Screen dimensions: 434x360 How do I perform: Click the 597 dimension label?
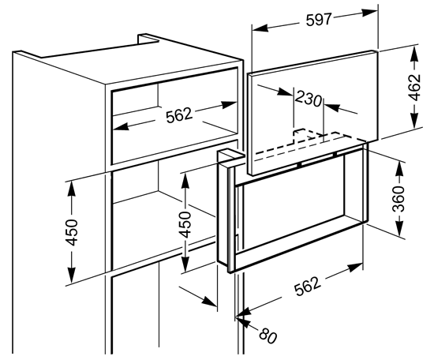click(x=318, y=20)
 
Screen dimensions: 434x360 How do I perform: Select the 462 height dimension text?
click(x=414, y=87)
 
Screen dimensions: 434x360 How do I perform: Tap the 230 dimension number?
click(x=309, y=99)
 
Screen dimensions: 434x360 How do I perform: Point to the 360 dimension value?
click(x=398, y=199)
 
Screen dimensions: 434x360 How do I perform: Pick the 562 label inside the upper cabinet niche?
click(x=179, y=115)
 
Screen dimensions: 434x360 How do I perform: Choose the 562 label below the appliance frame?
click(x=308, y=286)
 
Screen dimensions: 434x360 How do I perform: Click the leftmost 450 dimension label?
click(x=71, y=232)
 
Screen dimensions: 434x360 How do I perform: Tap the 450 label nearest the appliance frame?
click(x=185, y=224)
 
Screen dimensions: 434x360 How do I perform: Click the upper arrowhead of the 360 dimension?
click(x=398, y=170)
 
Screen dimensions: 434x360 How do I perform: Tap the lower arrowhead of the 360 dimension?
click(x=398, y=228)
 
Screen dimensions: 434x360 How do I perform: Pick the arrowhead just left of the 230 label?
click(x=285, y=92)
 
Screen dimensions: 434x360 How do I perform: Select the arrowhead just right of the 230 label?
click(x=331, y=107)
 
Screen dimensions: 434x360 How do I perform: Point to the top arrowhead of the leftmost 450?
click(x=71, y=189)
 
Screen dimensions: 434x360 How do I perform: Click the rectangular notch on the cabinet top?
click(x=148, y=39)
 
